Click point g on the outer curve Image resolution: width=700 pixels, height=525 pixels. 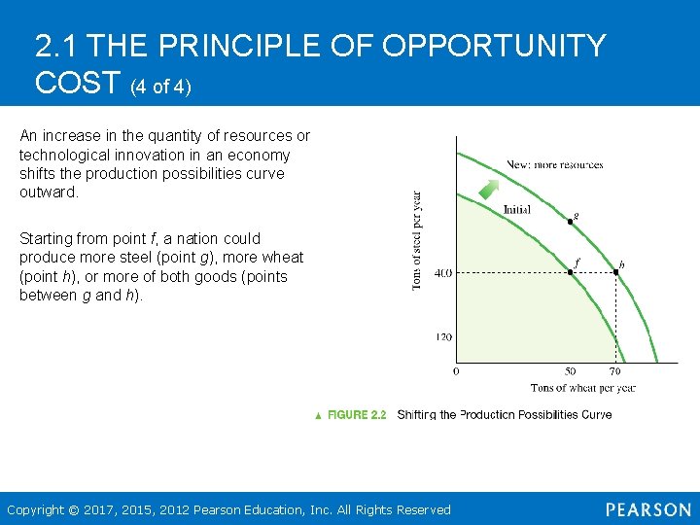coord(570,222)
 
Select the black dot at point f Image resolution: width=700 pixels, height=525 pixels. coord(570,272)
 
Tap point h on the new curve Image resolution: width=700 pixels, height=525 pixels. coord(615,272)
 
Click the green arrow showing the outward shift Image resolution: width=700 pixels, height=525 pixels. coord(490,190)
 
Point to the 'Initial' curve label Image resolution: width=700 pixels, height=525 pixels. coord(517,210)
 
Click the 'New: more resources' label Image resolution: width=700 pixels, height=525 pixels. coord(554,164)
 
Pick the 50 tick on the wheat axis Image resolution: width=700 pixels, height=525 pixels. coord(570,371)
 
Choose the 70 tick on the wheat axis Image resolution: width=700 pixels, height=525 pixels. coord(615,371)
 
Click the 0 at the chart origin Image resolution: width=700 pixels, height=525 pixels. coord(457,371)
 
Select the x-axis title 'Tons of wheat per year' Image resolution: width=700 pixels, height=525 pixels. coord(582,388)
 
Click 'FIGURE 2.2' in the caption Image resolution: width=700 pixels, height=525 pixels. coord(357,415)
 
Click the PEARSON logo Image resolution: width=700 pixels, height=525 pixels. coord(647,509)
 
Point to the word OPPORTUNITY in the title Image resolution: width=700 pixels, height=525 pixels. coord(494,46)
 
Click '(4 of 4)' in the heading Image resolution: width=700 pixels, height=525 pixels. coord(160,87)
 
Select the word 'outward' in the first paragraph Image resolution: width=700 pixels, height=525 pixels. coord(47,192)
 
